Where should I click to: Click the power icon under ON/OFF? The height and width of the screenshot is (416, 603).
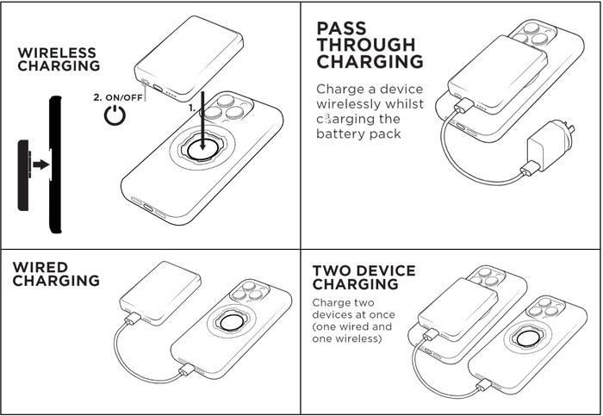[115, 116]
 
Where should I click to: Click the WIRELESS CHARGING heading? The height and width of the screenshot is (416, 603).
[59, 59]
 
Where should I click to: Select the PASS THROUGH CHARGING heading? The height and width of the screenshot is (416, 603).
[370, 45]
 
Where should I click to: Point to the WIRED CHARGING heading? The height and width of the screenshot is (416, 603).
[55, 274]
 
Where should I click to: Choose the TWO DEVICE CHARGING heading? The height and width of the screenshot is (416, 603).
[363, 277]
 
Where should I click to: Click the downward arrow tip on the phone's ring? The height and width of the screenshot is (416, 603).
[203, 146]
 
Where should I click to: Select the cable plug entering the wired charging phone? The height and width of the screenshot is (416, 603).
[187, 371]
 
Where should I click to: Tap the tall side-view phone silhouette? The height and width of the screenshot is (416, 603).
[56, 164]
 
